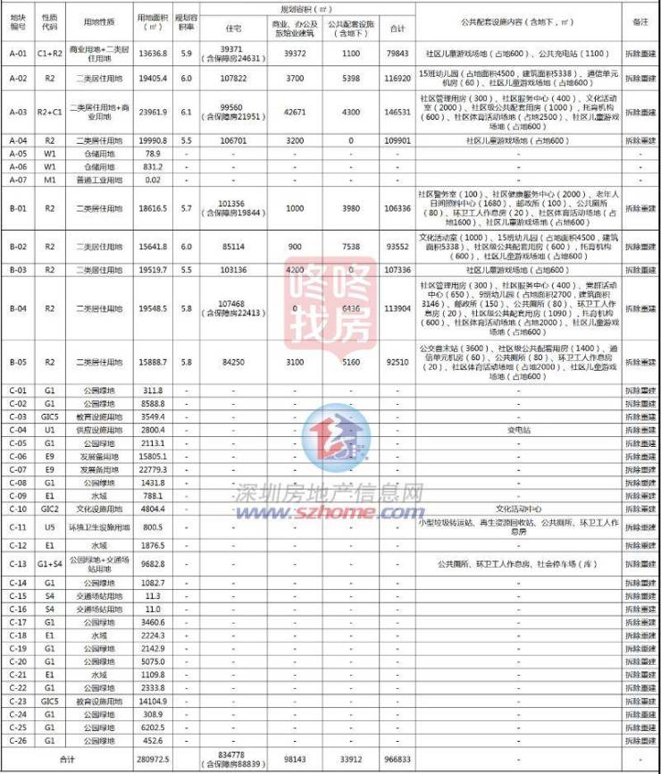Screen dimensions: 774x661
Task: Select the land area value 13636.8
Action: point(153,54)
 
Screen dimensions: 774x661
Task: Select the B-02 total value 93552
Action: point(397,246)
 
